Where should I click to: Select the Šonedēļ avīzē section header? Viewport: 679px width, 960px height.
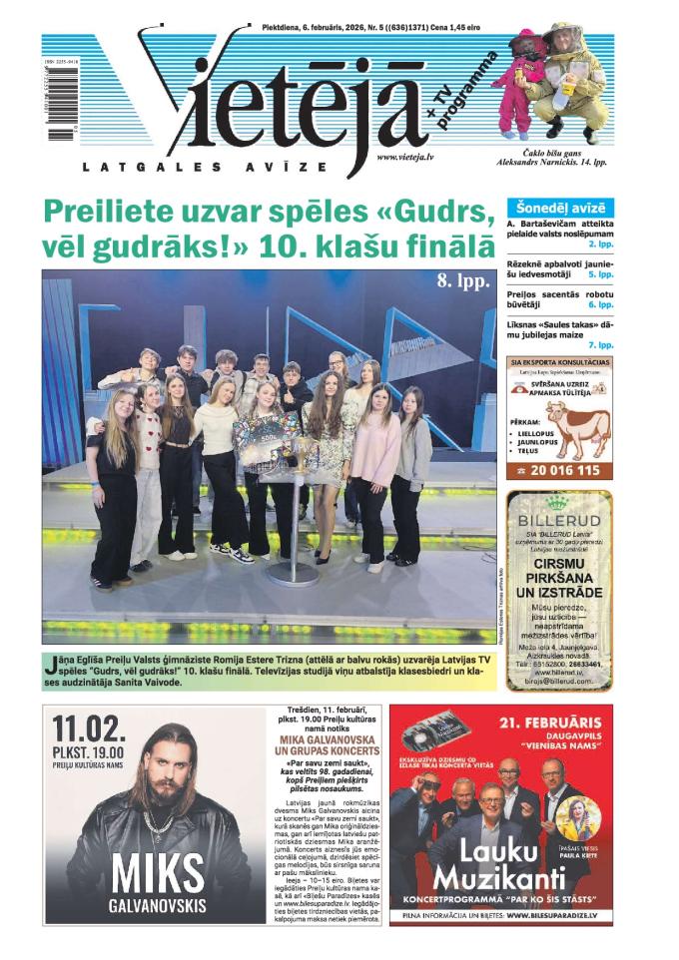(x=559, y=207)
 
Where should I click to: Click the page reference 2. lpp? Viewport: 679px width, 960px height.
(x=600, y=243)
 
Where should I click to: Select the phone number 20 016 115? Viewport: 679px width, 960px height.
(x=567, y=469)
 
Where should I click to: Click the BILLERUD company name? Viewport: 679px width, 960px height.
(x=559, y=521)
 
